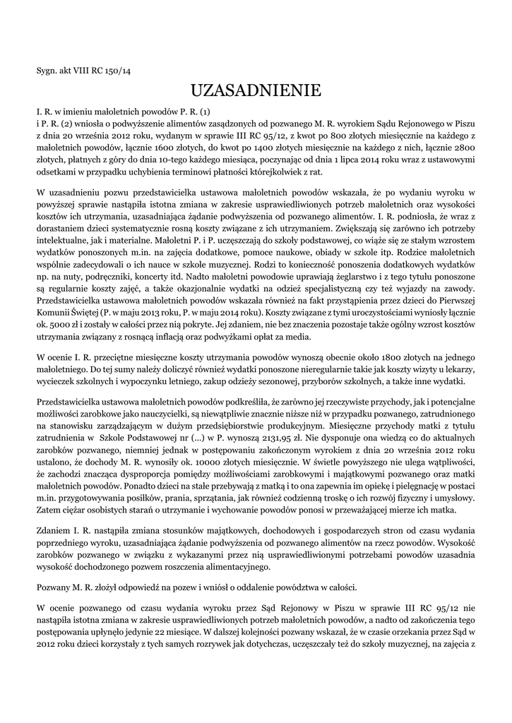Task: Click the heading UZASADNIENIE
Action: (x=256, y=90)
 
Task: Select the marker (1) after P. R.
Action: (x=205, y=112)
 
